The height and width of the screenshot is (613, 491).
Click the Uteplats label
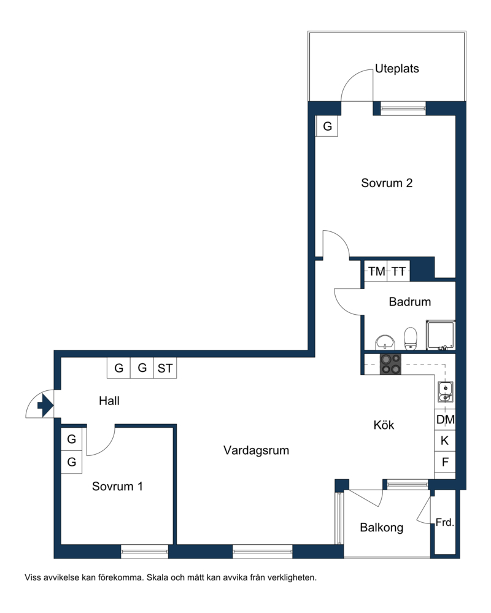pos(396,69)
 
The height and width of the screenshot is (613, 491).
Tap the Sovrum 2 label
pos(387,183)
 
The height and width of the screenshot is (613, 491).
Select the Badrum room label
pos(410,302)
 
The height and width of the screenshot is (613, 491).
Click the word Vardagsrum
pos(256,450)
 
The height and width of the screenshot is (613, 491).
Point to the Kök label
pos(384,425)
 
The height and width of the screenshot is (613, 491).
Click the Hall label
pos(109,401)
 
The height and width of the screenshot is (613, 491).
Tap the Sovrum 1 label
pos(117,487)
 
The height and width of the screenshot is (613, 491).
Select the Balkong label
pos(382,528)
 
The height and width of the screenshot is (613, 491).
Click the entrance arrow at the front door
pos(45,406)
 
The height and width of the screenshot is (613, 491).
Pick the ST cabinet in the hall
pos(165,368)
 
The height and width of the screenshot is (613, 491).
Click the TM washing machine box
pos(376,271)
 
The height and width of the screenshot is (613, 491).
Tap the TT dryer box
pos(399,271)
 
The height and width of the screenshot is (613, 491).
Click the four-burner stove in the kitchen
pos(390,364)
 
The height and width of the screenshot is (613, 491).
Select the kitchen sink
pos(445,391)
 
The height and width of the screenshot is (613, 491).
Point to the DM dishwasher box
pos(445,420)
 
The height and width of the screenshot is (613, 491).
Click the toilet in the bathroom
pos(410,339)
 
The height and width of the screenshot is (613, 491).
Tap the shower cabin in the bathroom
pos(441,334)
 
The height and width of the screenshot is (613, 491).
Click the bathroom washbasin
pos(385,342)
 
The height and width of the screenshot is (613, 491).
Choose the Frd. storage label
pos(445,522)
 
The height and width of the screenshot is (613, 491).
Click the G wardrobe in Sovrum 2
pos(327,126)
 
